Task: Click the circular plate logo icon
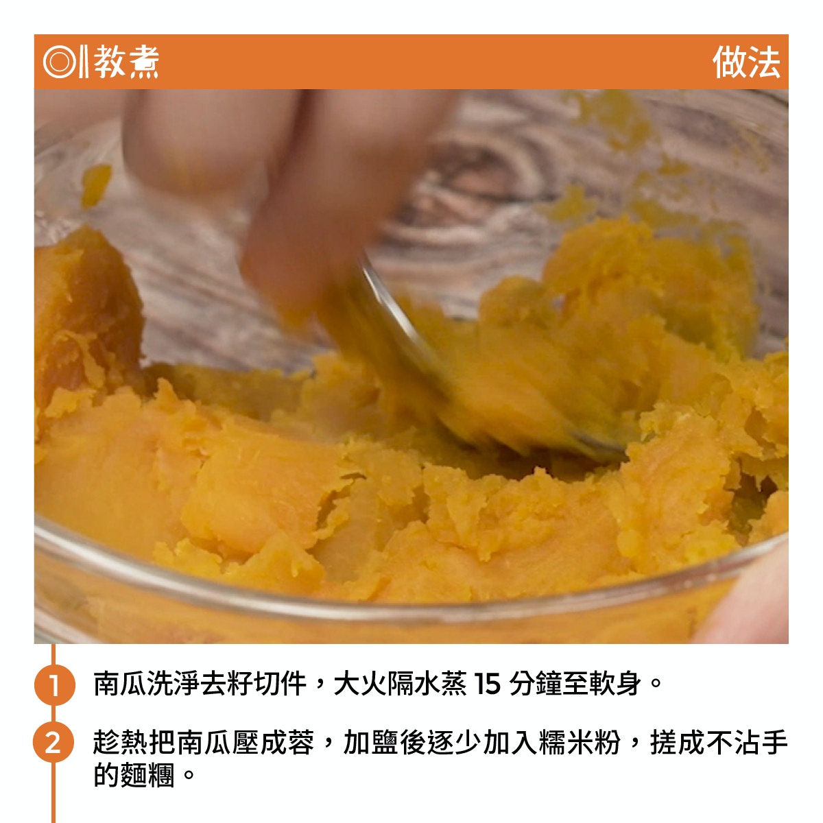[60, 62]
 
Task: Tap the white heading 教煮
[126, 62]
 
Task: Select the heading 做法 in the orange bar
[746, 62]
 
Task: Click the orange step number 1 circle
[54, 684]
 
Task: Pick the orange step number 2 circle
[53, 742]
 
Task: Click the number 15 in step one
[487, 684]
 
